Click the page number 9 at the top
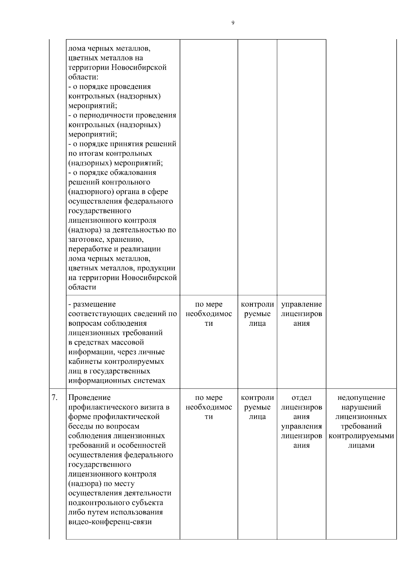[x=233, y=23]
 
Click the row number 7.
[x=55, y=397]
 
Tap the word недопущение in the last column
[x=361, y=397]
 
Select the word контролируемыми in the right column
[x=361, y=436]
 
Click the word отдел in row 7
[x=301, y=397]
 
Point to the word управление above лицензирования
[x=301, y=304]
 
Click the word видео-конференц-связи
[x=110, y=522]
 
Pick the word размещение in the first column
[x=94, y=304]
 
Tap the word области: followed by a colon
[x=83, y=77]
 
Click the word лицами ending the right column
[x=361, y=446]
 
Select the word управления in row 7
[x=301, y=426]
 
